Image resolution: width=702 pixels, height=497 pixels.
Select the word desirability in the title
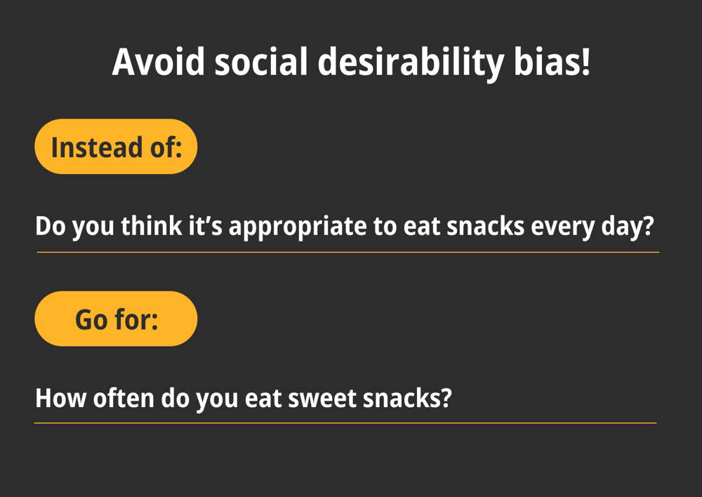pos(411,63)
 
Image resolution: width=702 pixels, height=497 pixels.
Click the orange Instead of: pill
pos(116,147)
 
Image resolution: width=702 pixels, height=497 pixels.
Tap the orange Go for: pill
pos(116,319)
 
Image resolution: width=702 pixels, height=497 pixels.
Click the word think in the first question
pos(152,225)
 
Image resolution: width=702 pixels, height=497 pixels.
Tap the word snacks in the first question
pos(485,225)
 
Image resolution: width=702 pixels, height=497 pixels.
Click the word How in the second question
pos(60,398)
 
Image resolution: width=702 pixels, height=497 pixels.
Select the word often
pos(124,397)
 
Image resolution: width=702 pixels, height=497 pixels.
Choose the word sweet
pos(322,398)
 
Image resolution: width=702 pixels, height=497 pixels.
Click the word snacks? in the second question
pos(407,397)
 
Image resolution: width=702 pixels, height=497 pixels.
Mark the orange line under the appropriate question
pos(348,253)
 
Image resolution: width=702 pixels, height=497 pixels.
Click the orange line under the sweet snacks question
pos(345,423)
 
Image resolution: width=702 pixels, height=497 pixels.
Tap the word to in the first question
pos(385,227)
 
